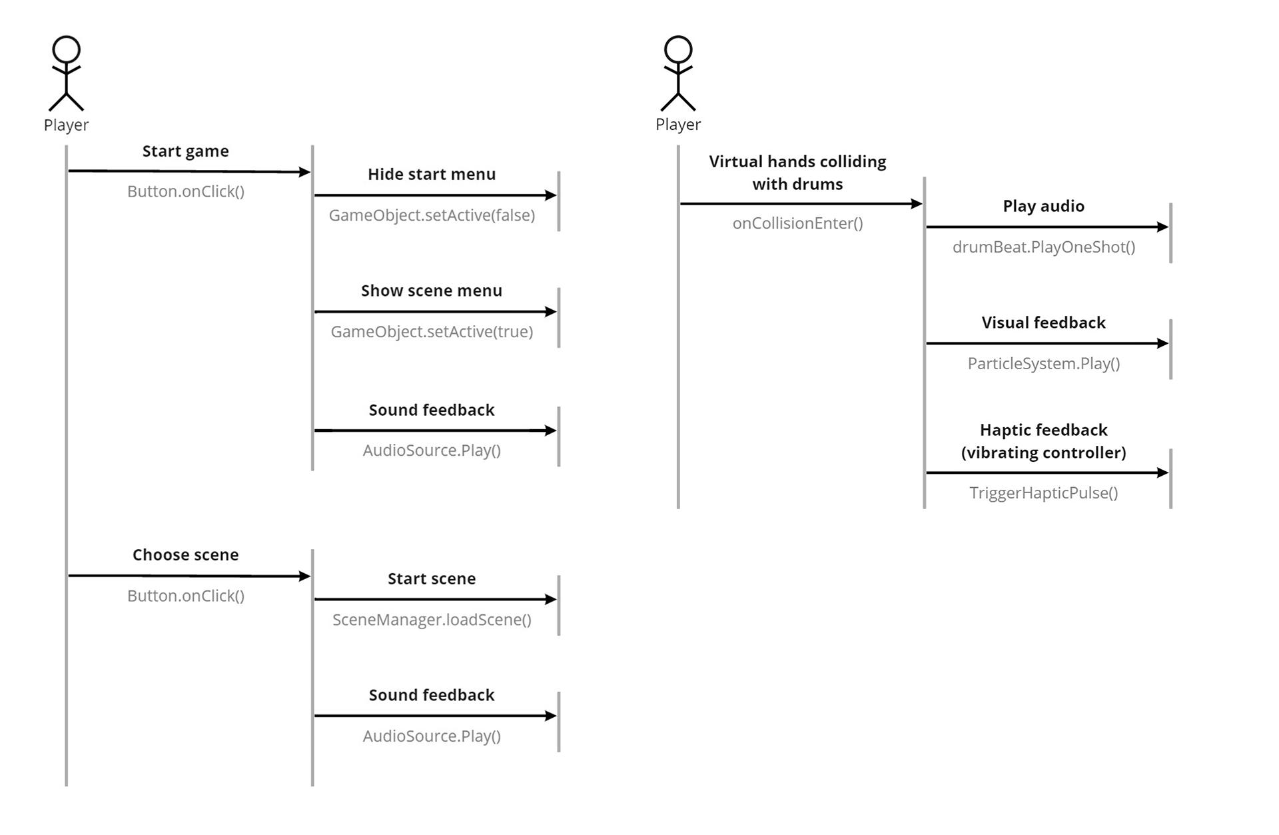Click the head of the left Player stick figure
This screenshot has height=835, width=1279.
[x=67, y=50]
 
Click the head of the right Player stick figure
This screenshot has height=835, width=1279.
[x=678, y=50]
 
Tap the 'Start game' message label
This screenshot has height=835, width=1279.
[x=185, y=151]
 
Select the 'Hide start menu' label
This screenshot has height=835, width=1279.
[x=432, y=175]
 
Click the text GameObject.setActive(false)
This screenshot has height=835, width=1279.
[x=432, y=215]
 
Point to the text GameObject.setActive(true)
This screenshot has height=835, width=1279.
[x=432, y=332]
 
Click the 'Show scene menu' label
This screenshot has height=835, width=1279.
[x=432, y=291]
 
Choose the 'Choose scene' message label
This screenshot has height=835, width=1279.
[x=185, y=555]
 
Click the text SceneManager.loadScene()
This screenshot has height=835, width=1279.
[x=432, y=620]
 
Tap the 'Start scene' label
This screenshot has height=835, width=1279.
[x=432, y=579]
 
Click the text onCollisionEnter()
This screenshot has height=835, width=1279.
[x=797, y=223]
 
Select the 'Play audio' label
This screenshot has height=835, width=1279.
[x=1043, y=207]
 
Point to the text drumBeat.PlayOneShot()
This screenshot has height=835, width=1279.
[x=1043, y=247]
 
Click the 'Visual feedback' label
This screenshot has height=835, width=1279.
[x=1043, y=323]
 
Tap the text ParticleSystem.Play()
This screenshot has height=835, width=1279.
[x=1043, y=364]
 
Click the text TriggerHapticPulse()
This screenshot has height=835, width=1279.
[x=1043, y=493]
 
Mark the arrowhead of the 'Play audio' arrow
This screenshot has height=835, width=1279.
[x=1163, y=227]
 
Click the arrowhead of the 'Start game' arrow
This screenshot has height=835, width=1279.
[x=305, y=172]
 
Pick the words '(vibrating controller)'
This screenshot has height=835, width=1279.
[x=1043, y=453]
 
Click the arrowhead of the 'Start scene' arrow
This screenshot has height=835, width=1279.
[x=551, y=600]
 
